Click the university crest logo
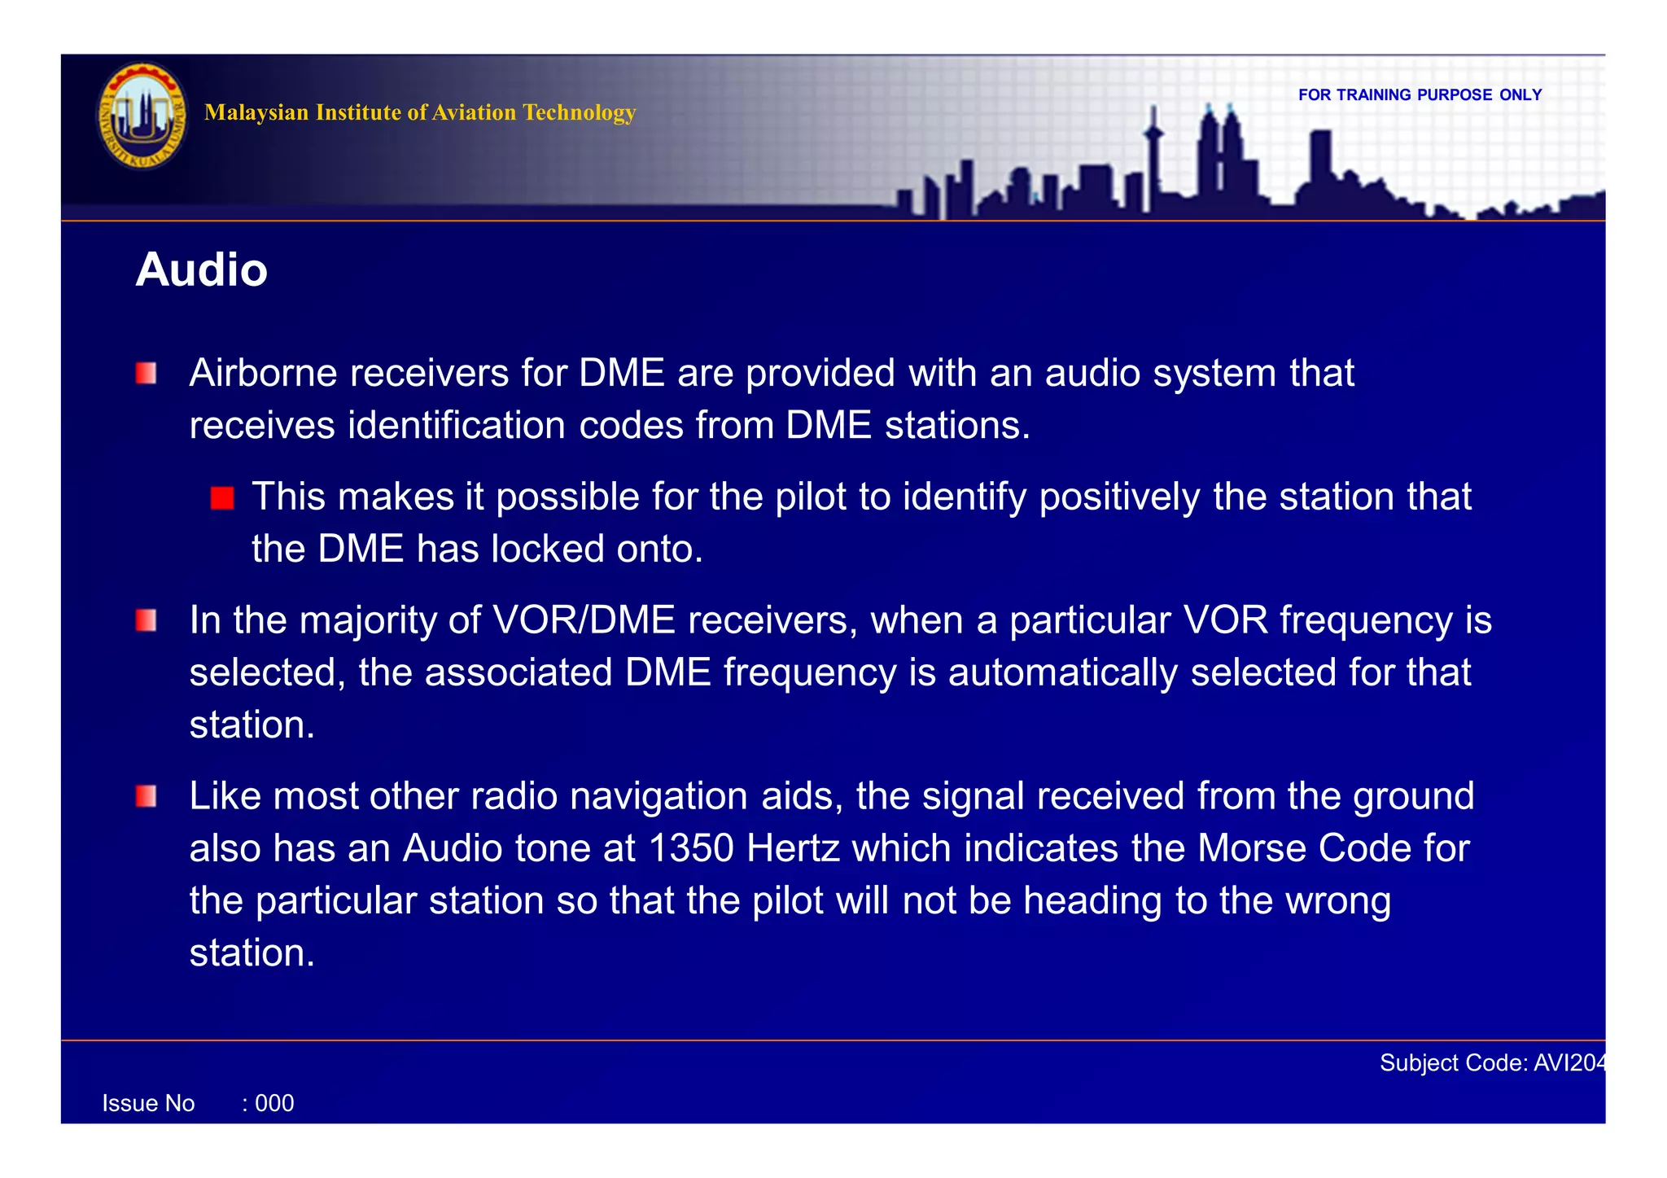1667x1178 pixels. (x=142, y=116)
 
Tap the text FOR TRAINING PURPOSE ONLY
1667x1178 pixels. (x=1420, y=95)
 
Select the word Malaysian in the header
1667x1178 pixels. (x=256, y=112)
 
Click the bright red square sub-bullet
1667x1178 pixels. (x=221, y=498)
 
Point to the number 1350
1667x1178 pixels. (x=691, y=849)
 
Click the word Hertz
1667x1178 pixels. (x=794, y=849)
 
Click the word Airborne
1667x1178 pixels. (x=263, y=374)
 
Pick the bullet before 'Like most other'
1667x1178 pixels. (x=147, y=796)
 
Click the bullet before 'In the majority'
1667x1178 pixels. (x=147, y=621)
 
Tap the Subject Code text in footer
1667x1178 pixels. (x=1491, y=1063)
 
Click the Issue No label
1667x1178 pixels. (x=148, y=1104)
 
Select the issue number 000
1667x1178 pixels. (x=274, y=1104)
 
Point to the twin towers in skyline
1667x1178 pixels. (x=1219, y=155)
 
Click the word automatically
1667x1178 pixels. (x=1062, y=673)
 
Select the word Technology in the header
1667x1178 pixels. (x=579, y=112)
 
